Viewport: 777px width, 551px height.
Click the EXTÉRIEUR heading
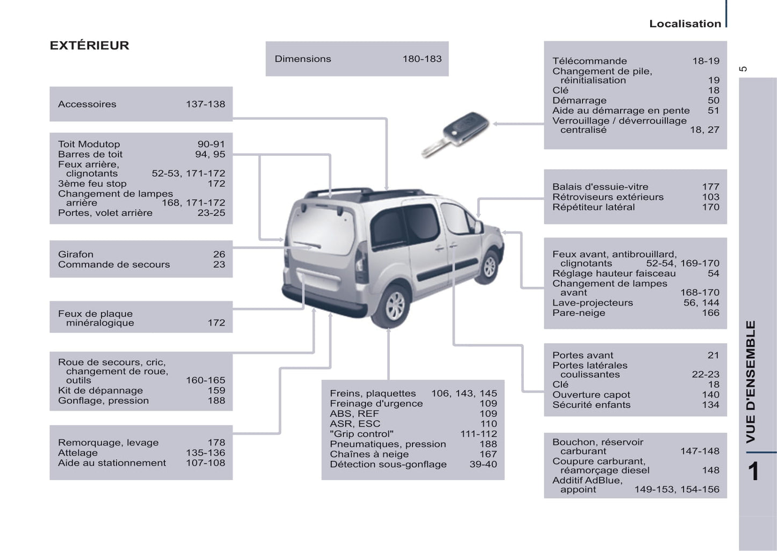(89, 46)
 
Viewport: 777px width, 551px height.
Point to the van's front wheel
(489, 266)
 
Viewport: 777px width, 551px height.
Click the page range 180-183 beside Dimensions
(422, 59)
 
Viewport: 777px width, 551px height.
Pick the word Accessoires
(87, 104)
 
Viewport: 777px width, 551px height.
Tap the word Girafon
(76, 254)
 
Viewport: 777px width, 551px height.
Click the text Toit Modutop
(89, 144)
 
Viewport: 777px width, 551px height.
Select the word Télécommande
(589, 61)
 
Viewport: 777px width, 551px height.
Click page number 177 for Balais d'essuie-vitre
(710, 187)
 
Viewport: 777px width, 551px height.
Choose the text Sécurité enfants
(591, 405)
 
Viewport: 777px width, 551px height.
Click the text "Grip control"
(361, 434)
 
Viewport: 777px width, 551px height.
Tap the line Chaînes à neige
(369, 454)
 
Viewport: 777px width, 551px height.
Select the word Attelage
(78, 453)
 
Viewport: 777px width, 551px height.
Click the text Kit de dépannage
(101, 390)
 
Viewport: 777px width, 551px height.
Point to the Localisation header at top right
(685, 24)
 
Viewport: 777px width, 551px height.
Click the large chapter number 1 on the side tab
(753, 472)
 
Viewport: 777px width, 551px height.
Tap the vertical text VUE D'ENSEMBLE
(751, 381)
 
